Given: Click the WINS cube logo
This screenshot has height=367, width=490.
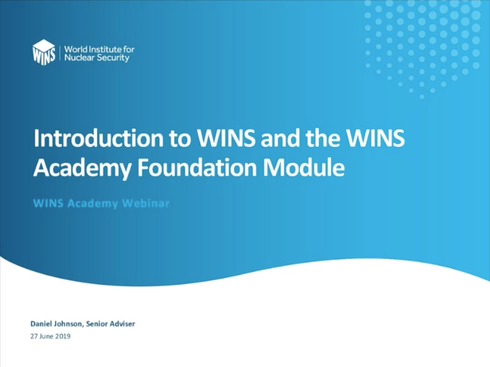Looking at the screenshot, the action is (44, 52).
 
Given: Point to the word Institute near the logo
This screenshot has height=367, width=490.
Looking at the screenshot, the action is (105, 49).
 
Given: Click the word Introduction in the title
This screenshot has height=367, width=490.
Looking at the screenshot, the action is (98, 138).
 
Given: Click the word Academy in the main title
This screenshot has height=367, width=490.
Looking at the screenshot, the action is (82, 169).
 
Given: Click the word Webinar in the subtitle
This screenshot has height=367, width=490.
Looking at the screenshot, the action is (146, 203).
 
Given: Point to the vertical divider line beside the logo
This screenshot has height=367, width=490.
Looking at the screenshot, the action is (60, 54).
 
